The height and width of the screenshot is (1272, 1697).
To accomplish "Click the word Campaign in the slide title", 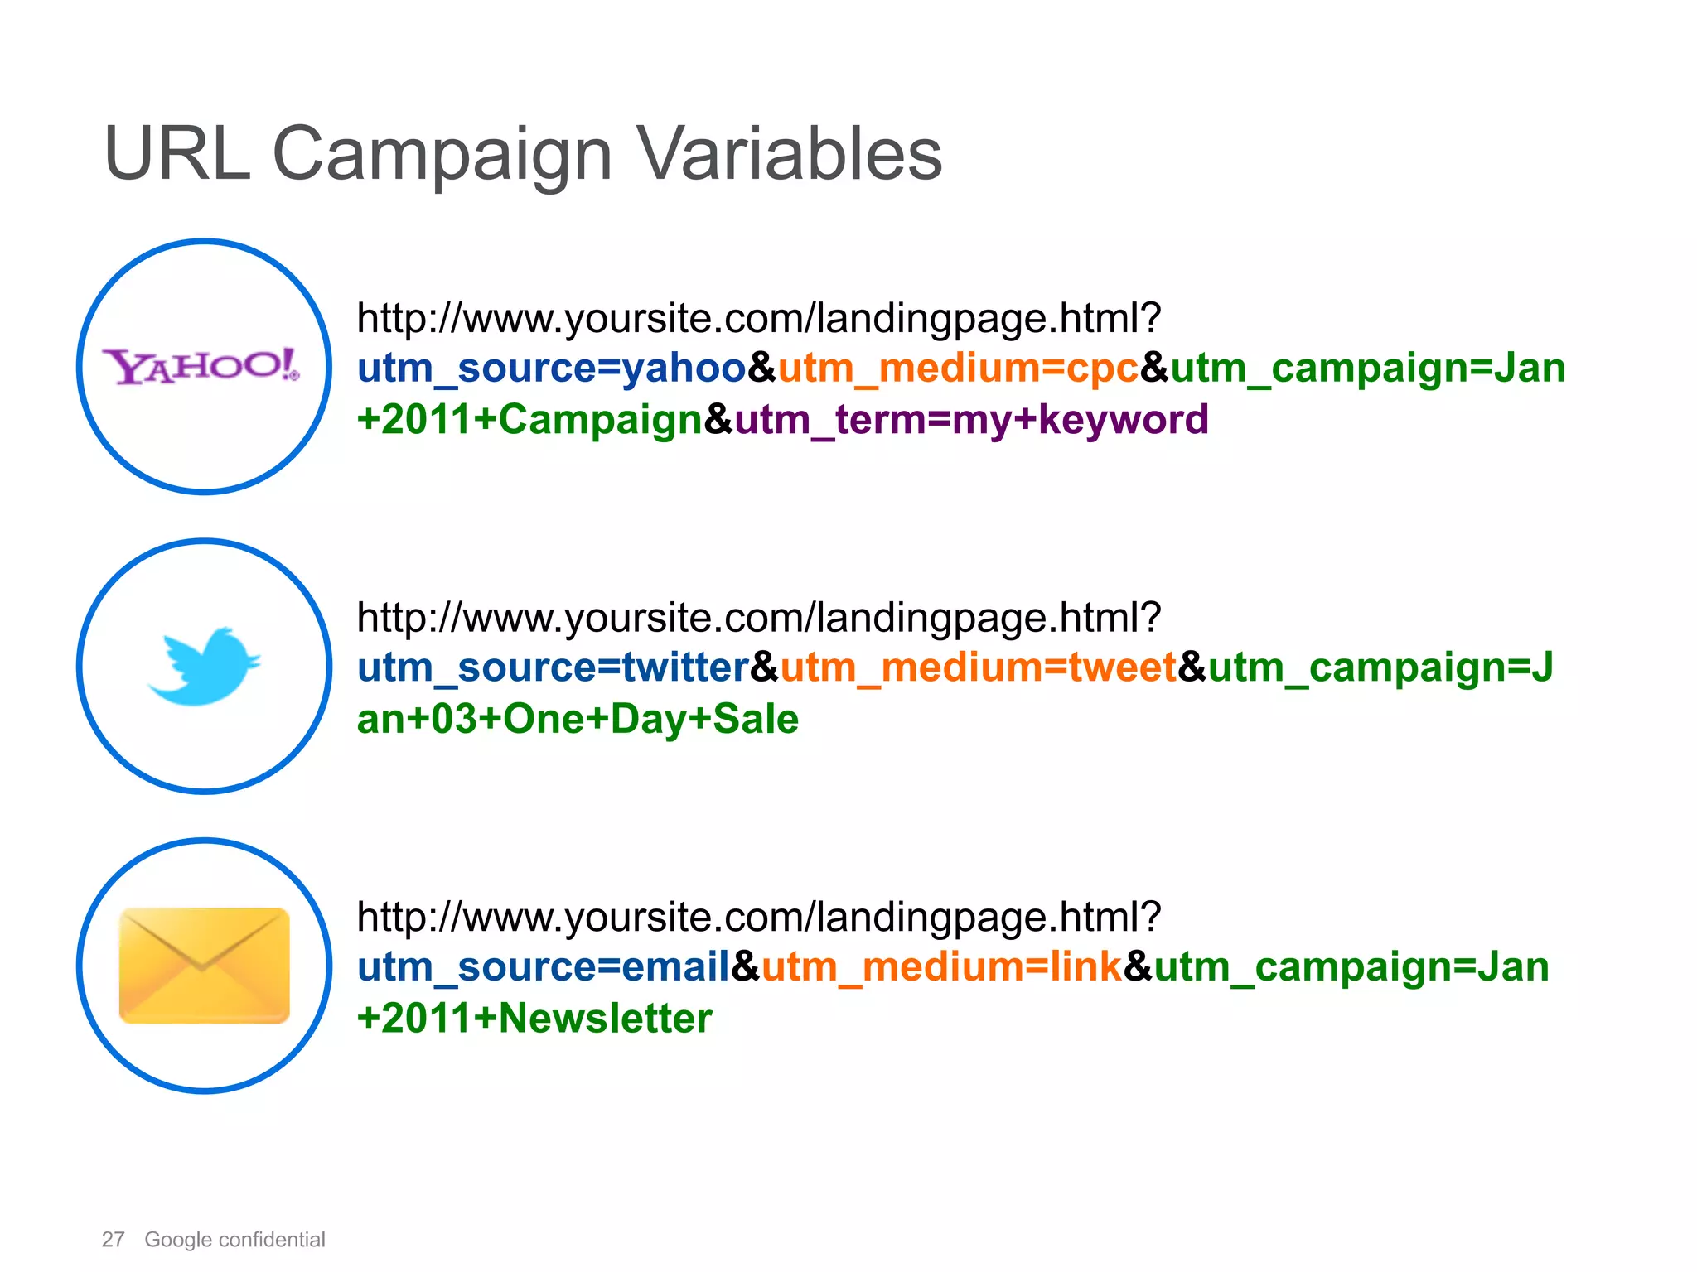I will (442, 154).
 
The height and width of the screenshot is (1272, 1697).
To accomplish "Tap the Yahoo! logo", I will (201, 366).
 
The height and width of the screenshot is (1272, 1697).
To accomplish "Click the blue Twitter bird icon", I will (205, 666).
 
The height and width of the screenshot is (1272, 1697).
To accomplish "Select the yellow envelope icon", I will (205, 966).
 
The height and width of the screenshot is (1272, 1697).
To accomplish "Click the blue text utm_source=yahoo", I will (552, 368).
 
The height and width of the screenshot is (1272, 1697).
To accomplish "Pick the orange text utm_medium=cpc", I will (958, 368).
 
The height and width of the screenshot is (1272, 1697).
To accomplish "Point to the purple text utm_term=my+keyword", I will (971, 419).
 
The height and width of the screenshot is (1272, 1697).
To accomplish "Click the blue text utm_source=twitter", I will (554, 667).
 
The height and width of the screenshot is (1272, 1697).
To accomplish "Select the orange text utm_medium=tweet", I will (978, 667).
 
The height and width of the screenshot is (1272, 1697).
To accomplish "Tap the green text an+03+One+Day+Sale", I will (578, 719).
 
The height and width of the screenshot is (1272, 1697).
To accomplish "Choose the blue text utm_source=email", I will (544, 967).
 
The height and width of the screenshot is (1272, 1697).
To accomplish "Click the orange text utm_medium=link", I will (941, 967).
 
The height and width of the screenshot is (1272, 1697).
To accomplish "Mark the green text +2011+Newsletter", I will (534, 1019).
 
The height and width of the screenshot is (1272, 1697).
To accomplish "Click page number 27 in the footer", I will (113, 1240).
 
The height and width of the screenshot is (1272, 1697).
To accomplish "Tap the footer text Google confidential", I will (234, 1240).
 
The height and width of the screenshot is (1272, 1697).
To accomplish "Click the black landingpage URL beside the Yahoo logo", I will (758, 319).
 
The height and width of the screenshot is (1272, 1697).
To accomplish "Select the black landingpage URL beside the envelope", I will (758, 918).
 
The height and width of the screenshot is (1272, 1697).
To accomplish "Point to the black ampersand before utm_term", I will (718, 420).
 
